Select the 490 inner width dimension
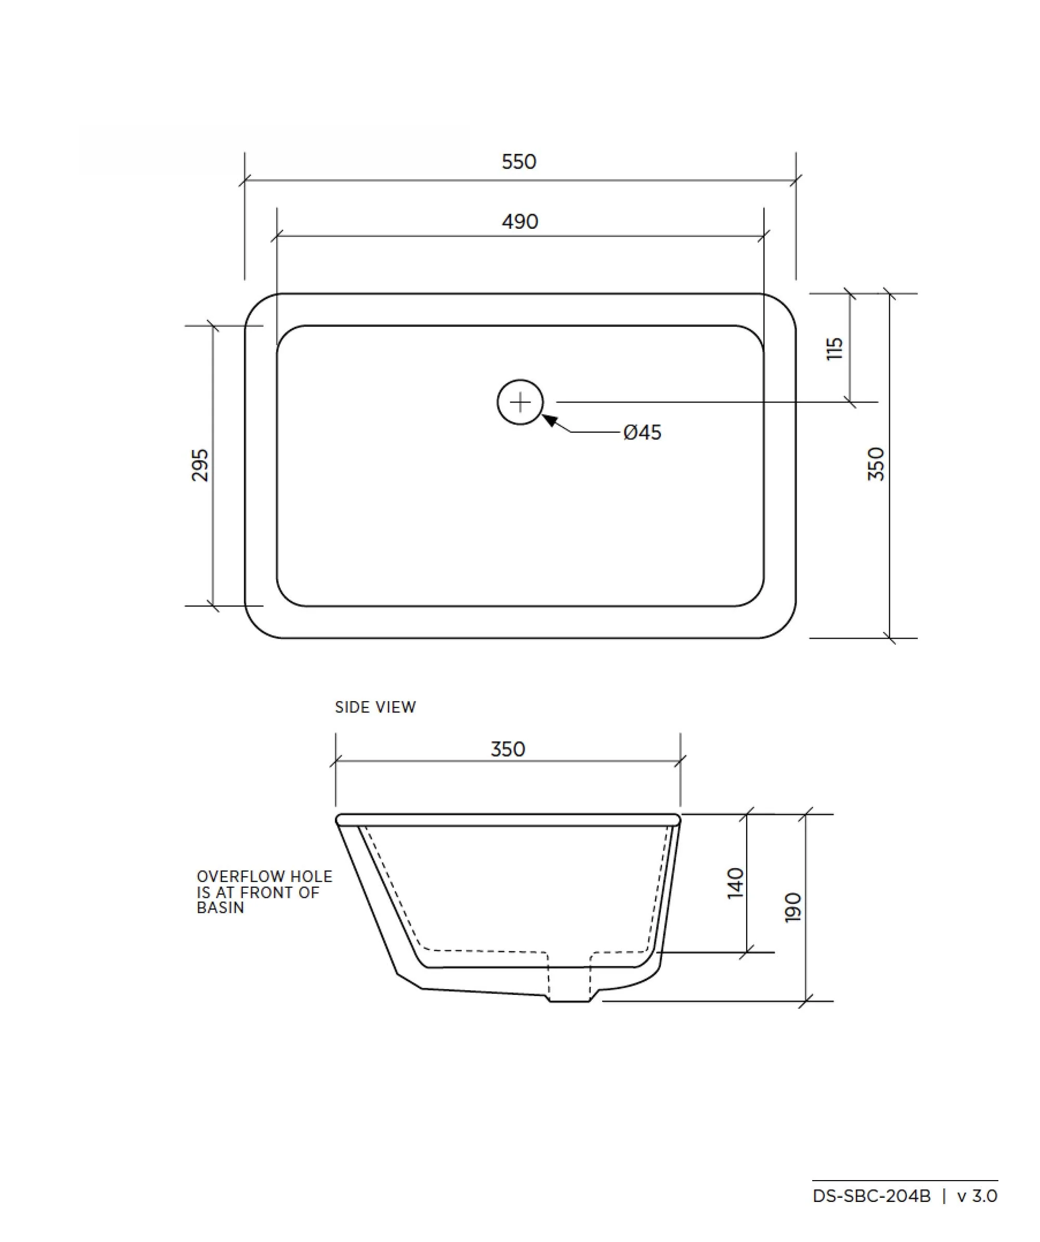[x=519, y=222]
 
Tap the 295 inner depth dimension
[x=200, y=465]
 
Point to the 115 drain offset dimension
[x=834, y=349]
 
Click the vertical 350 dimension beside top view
[x=876, y=464]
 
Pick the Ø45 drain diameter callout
[x=642, y=433]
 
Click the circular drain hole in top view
[x=519, y=402]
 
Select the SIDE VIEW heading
[x=375, y=707]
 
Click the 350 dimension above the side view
[x=508, y=749]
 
